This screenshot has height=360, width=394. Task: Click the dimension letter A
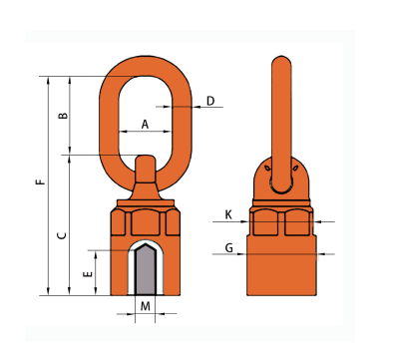(x=145, y=125)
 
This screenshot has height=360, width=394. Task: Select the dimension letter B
(x=63, y=116)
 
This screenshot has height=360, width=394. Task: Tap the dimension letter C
(x=62, y=235)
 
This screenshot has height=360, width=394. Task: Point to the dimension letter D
(x=210, y=101)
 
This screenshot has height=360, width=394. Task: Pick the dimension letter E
(x=88, y=274)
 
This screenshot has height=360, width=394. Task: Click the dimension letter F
(x=41, y=181)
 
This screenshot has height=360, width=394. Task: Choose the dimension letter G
(x=229, y=248)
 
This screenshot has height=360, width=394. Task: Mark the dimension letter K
(x=228, y=215)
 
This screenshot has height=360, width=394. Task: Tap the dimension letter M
(x=146, y=306)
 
